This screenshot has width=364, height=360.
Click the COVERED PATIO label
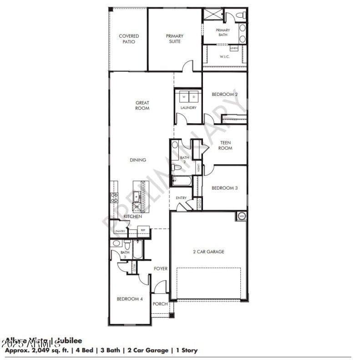click(x=129, y=39)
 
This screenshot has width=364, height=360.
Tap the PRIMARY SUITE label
click(x=174, y=39)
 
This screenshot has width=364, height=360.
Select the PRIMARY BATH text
click(x=223, y=33)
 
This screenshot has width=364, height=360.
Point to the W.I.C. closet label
click(x=224, y=57)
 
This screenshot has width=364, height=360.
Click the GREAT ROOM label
click(x=142, y=105)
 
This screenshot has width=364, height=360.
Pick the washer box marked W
click(x=184, y=97)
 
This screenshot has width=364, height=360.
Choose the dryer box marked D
click(x=193, y=97)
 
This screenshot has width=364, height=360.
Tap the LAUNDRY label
click(x=188, y=108)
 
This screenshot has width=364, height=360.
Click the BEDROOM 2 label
click(x=225, y=95)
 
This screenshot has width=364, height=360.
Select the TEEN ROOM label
click(x=225, y=145)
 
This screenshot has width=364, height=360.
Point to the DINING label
click(x=138, y=160)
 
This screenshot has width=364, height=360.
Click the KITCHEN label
click(x=132, y=216)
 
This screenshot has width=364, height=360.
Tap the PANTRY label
click(x=120, y=231)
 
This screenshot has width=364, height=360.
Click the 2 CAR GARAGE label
click(x=209, y=252)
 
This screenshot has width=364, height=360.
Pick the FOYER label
click(x=161, y=269)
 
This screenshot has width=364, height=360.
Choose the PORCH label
click(x=160, y=304)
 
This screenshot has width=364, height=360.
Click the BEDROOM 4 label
click(x=130, y=299)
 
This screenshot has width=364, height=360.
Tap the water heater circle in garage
click(x=241, y=216)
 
